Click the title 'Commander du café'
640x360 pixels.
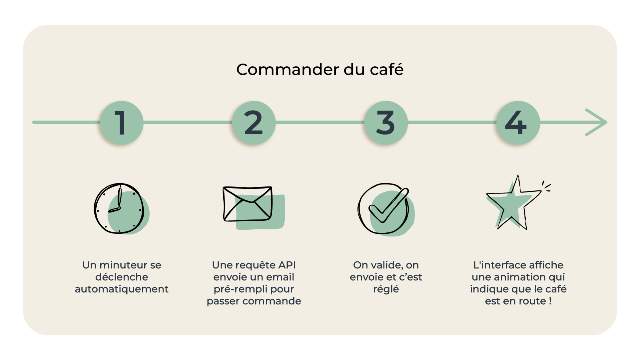[320, 70]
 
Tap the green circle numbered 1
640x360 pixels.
[122, 123]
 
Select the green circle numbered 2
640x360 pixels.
[254, 123]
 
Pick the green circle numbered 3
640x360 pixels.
[386, 123]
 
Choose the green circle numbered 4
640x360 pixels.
[518, 123]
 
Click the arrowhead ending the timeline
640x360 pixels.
[598, 122]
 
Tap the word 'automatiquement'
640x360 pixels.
[122, 289]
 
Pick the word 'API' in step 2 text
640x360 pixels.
[287, 265]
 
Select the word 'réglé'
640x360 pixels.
[386, 289]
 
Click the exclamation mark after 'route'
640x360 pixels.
[550, 301]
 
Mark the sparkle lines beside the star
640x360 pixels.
[546, 187]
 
